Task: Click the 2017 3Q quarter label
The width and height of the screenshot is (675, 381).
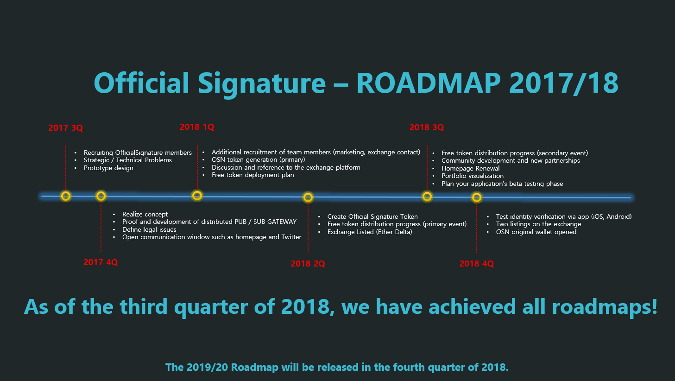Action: tap(65, 128)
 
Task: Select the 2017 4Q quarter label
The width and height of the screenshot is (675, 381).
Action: tap(101, 262)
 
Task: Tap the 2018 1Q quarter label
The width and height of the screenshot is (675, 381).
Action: tap(197, 127)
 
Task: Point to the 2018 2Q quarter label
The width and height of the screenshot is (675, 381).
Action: tap(308, 263)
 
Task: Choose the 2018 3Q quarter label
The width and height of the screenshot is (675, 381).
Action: tap(427, 127)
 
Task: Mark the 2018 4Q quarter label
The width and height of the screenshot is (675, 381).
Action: tap(477, 263)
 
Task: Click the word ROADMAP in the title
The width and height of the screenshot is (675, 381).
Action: tap(429, 83)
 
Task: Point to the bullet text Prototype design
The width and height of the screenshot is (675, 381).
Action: tap(108, 168)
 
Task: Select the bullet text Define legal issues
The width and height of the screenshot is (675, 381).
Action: tap(149, 229)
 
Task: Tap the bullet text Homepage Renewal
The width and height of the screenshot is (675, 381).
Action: tap(470, 168)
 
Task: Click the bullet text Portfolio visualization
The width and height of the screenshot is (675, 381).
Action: tap(473, 176)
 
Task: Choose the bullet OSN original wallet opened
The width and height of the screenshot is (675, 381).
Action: tap(536, 232)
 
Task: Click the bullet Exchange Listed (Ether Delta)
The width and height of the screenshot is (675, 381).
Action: tap(370, 232)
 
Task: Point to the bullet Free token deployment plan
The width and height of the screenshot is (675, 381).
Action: tap(253, 175)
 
